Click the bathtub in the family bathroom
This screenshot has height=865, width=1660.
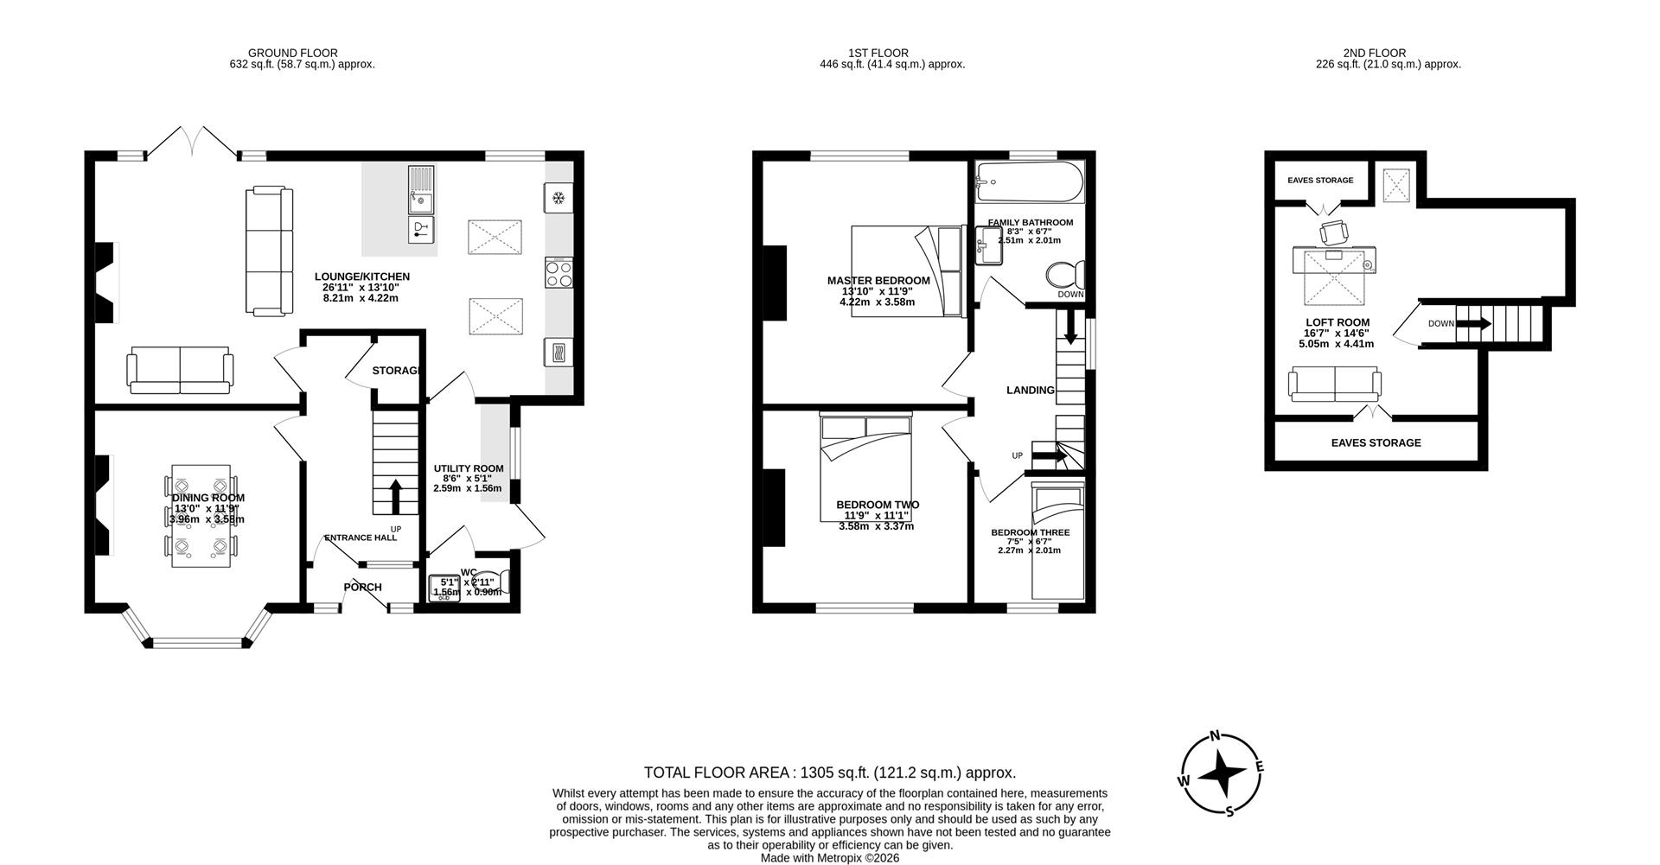point(1029,182)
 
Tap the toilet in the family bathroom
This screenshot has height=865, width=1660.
point(1065,277)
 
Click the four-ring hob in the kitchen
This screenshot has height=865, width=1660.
point(559,274)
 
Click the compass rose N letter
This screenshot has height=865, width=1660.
point(1215,736)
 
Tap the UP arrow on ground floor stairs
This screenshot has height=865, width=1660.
point(395,496)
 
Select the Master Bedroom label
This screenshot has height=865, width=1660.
point(878,281)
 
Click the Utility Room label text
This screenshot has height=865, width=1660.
point(468,468)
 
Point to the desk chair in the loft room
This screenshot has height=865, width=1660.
point(1334,232)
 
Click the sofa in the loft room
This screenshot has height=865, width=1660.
point(1334,384)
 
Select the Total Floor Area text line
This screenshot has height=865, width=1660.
point(829,773)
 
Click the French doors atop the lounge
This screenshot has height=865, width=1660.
point(192,143)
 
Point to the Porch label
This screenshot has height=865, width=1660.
point(362,588)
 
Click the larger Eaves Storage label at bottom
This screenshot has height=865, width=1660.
point(1375,442)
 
